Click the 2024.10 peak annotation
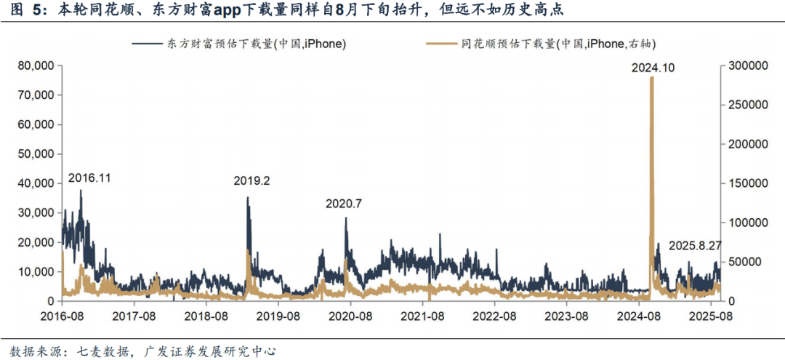(654, 68)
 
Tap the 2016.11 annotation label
(90, 177)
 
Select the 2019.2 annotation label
(251, 181)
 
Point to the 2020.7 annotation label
(343, 204)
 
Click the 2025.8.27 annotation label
(695, 245)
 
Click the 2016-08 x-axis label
(62, 317)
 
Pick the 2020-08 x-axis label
(350, 317)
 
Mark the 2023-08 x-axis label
(567, 317)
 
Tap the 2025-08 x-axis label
(711, 317)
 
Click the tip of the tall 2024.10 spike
(651, 77)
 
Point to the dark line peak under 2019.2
(248, 198)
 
